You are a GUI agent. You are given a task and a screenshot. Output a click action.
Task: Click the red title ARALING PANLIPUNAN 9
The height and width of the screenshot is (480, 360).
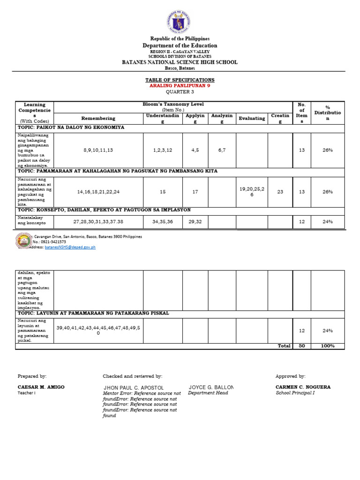[x=180, y=86]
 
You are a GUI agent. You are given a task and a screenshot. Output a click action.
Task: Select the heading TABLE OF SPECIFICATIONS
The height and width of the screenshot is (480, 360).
[x=180, y=80]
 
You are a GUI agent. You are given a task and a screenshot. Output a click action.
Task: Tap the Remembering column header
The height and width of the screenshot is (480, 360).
[x=98, y=119]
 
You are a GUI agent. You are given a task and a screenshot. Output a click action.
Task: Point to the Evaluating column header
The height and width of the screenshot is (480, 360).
[x=252, y=119]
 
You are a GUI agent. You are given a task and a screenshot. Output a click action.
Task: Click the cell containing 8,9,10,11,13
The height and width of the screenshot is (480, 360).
[x=98, y=150]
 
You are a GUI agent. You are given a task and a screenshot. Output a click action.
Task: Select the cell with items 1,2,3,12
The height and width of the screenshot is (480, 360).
[x=162, y=150]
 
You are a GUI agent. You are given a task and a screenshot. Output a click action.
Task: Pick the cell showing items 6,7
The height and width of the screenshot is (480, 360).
[x=222, y=150]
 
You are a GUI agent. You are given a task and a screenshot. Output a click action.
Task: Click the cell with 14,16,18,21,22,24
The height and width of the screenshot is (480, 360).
[x=98, y=192]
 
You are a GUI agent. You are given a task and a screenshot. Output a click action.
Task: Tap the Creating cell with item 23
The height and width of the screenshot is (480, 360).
[x=280, y=192]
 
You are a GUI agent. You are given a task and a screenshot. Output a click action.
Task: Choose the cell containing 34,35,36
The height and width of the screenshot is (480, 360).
[x=162, y=221]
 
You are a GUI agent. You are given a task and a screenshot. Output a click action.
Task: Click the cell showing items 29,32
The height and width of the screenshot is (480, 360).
[x=195, y=221]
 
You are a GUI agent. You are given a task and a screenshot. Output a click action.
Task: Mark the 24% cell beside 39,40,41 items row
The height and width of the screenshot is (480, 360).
[x=327, y=330]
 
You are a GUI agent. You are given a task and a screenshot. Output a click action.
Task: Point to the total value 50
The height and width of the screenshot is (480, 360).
[x=301, y=346]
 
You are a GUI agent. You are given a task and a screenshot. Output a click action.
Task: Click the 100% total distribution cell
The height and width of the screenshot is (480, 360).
[x=327, y=346]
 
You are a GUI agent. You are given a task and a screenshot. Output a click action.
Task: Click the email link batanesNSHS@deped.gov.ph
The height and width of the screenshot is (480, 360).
[x=70, y=247]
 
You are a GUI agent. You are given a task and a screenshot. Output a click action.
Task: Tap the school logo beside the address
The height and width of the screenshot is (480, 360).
[x=24, y=241]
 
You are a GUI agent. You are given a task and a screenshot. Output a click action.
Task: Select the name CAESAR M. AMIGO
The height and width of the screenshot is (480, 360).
[x=41, y=387]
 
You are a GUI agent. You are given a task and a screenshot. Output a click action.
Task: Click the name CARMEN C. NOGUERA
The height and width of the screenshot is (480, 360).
[x=303, y=387]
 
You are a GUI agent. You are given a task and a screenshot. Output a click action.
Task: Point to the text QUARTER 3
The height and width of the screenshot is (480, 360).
[x=180, y=92]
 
